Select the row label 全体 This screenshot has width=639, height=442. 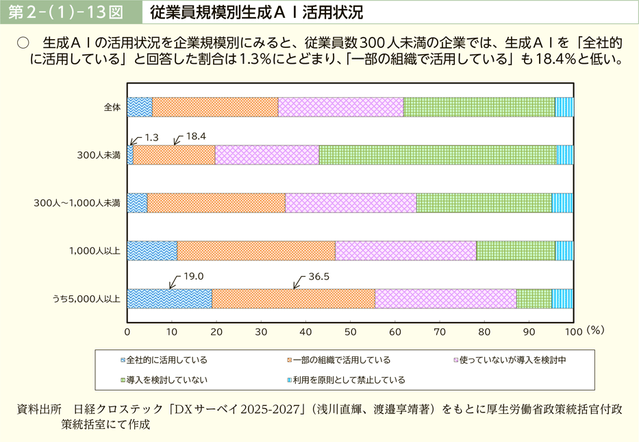(112, 108)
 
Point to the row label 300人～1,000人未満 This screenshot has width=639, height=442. (77, 203)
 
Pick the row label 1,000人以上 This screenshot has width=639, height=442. (95, 251)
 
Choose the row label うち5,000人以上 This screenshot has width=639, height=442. (87, 299)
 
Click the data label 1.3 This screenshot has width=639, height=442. (151, 137)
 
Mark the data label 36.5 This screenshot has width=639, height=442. (319, 277)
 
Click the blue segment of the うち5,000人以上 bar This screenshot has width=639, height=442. (169, 299)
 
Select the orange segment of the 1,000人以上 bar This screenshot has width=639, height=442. (255, 251)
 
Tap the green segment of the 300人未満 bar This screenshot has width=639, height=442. (438, 156)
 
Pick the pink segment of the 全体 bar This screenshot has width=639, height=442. (340, 108)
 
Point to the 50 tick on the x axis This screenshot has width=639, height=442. (350, 331)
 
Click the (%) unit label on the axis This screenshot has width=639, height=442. (595, 330)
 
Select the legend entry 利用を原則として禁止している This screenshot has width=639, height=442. (347, 380)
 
